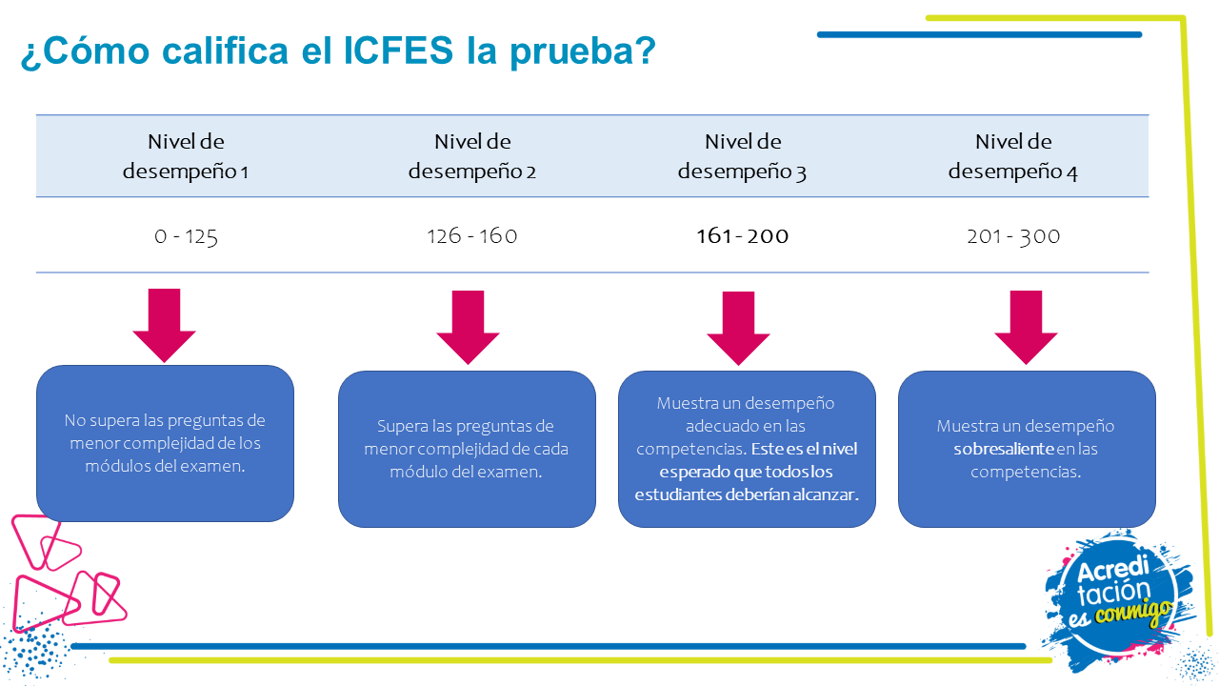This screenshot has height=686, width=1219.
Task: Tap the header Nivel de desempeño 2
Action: [x=472, y=156]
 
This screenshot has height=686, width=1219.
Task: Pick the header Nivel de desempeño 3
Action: [x=743, y=156]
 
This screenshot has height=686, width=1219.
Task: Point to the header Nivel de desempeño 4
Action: [x=1013, y=156]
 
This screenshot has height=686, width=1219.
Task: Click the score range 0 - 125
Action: [x=186, y=236]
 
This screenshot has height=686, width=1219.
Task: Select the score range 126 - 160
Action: [x=472, y=236]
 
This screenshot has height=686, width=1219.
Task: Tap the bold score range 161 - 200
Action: [x=743, y=236]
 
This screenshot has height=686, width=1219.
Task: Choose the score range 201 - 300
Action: [x=1013, y=236]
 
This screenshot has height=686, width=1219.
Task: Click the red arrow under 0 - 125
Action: [x=164, y=326]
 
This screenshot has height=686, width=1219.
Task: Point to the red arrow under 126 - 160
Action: [x=468, y=327]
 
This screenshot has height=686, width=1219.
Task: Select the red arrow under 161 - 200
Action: [x=738, y=328]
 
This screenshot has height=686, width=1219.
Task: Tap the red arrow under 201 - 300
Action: [x=1026, y=327]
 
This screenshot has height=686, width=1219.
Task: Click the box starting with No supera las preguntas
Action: [x=165, y=443]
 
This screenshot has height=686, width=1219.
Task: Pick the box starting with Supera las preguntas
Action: [x=467, y=449]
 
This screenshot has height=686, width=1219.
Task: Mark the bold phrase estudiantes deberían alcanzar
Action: [x=746, y=494]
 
